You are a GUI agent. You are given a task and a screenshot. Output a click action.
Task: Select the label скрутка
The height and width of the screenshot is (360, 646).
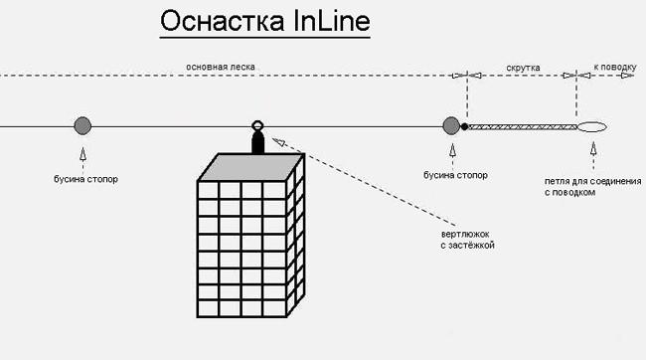click(523, 68)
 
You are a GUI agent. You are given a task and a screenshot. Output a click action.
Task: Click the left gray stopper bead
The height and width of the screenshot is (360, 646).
click(82, 125)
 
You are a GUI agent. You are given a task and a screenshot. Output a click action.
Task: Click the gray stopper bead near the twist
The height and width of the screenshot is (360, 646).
click(450, 125)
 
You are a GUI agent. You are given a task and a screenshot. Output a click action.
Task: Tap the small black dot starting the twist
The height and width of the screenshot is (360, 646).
click(464, 126)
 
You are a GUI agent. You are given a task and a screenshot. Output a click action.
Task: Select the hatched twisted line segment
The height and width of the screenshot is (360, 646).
click(522, 126)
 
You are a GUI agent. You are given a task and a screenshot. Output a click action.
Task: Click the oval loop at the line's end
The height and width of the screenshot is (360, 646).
click(592, 126)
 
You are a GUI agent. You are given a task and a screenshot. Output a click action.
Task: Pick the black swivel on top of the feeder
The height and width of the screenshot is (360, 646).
click(257, 142)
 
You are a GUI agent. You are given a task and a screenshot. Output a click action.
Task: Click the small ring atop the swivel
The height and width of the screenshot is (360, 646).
click(257, 126)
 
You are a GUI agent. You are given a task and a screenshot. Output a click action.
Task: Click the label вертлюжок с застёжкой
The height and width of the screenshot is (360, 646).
click(467, 238)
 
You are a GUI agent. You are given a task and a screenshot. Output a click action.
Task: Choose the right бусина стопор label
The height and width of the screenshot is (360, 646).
click(455, 174)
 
